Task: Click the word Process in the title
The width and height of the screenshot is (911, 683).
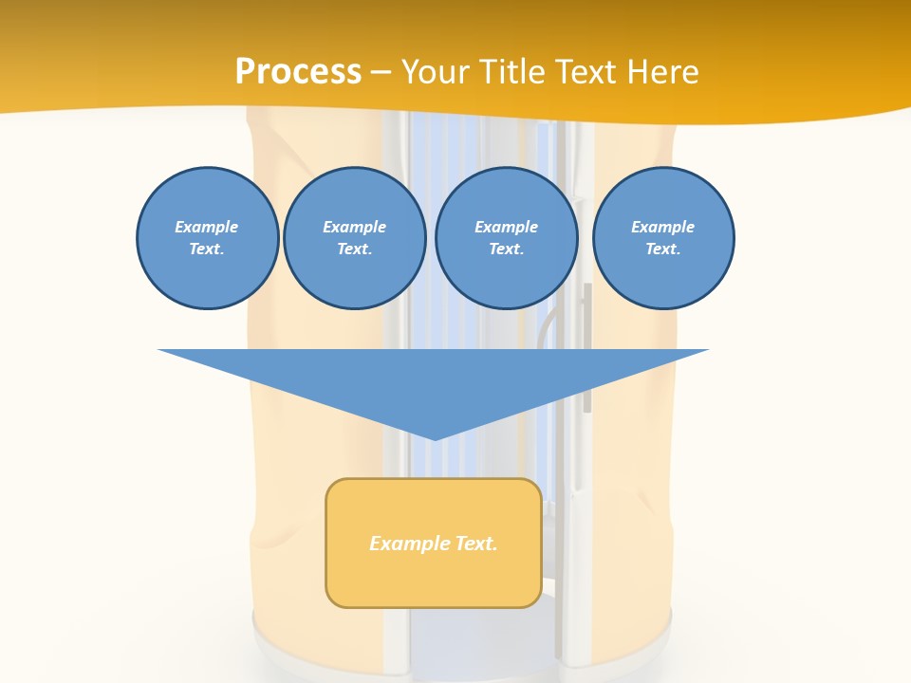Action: [298, 72]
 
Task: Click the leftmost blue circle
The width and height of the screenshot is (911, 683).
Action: [207, 238]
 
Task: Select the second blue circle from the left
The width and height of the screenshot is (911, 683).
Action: [354, 238]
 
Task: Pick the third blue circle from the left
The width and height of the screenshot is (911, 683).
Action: [506, 238]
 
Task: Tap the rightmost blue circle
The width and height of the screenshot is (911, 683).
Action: [663, 238]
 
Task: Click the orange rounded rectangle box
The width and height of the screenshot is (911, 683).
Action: [434, 543]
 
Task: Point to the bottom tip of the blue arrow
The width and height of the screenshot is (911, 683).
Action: [435, 438]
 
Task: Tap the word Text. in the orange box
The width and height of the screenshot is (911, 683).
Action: [476, 544]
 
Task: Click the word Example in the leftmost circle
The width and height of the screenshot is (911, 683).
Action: [207, 227]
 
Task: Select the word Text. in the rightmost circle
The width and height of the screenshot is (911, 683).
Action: [663, 249]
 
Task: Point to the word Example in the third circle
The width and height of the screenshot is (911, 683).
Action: [506, 227]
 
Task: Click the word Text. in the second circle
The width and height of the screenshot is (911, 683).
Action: [354, 249]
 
